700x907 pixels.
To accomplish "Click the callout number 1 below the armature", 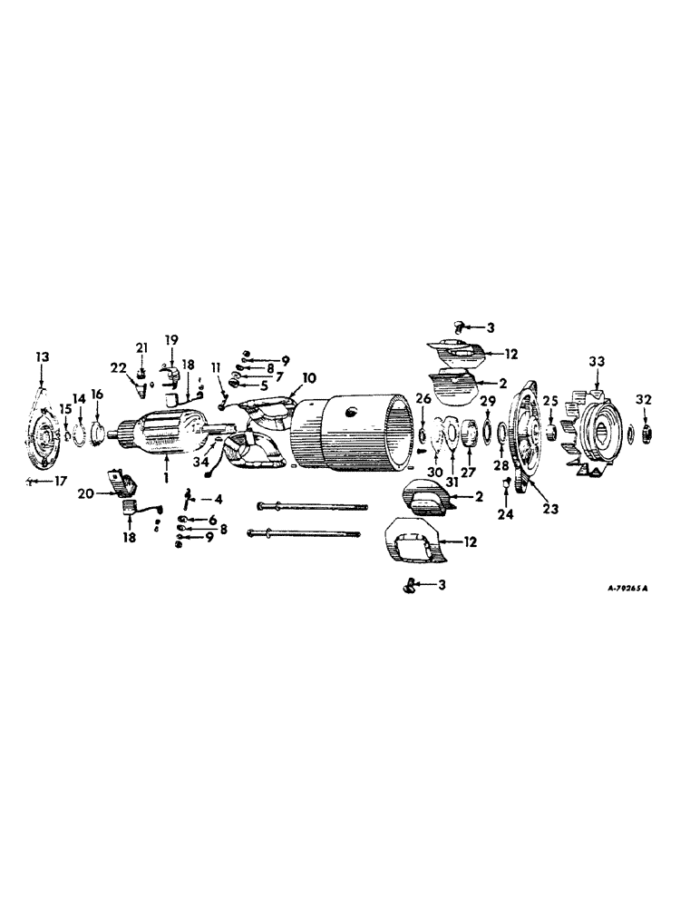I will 166,476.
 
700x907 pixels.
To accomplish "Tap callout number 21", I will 141,347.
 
